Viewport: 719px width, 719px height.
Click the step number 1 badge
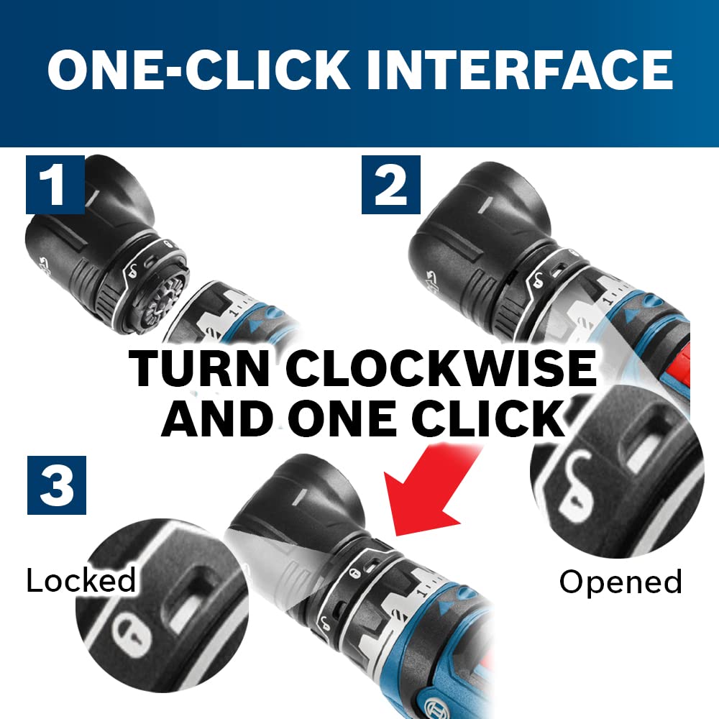pyautogui.click(x=55, y=185)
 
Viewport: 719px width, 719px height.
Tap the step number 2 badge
pyautogui.click(x=391, y=185)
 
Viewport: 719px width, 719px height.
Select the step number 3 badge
pyautogui.click(x=57, y=485)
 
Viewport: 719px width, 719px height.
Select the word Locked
pyautogui.click(x=81, y=580)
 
